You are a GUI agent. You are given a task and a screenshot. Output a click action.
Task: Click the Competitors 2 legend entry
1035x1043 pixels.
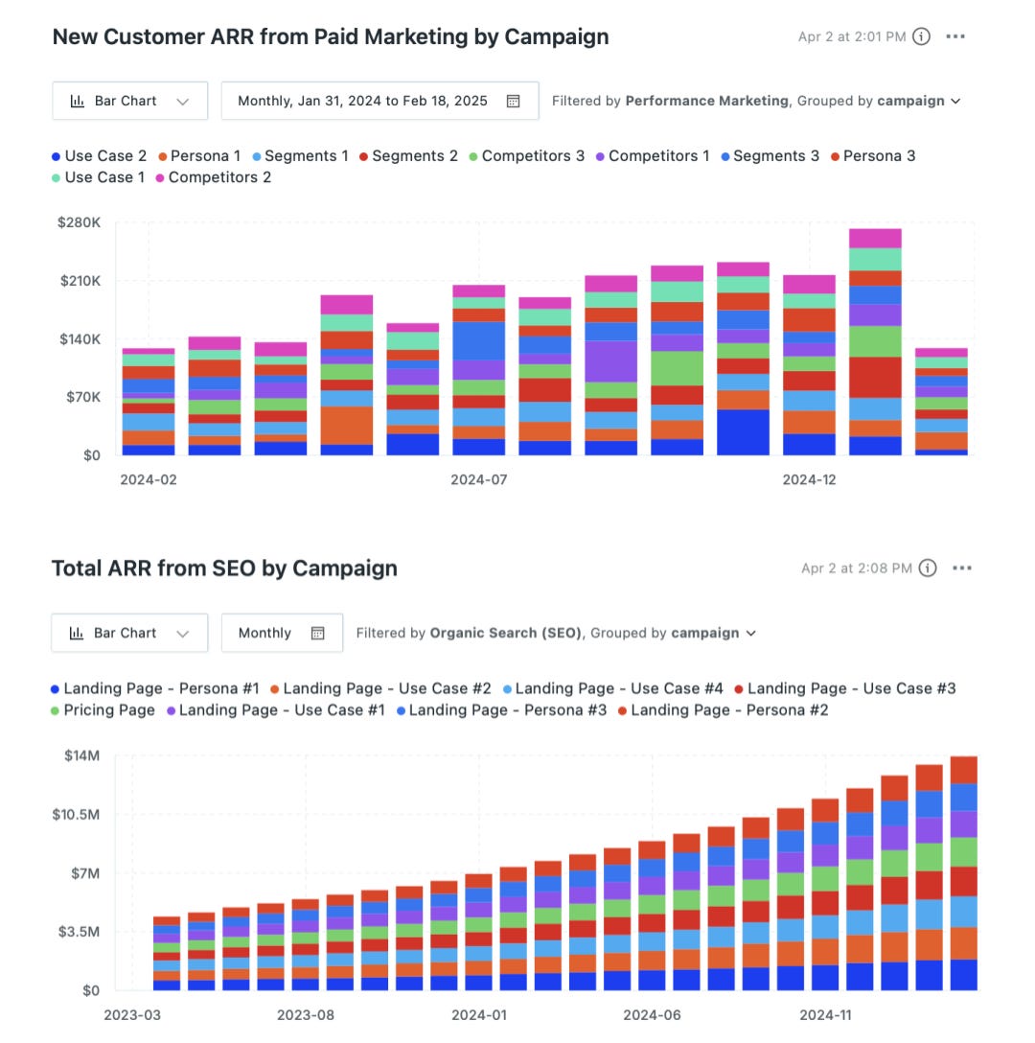(218, 177)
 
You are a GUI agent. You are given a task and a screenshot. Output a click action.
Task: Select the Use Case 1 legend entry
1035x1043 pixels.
(103, 177)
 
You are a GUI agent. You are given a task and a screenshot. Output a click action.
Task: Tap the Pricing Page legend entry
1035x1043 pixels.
(108, 710)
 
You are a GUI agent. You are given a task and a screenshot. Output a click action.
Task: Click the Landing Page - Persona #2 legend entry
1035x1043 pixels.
(728, 710)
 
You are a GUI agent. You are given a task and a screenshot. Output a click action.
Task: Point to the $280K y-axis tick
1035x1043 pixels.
(80, 222)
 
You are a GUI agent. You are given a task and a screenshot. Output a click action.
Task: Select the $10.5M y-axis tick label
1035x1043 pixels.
(76, 814)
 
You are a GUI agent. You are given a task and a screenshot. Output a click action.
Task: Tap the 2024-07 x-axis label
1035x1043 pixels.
(479, 479)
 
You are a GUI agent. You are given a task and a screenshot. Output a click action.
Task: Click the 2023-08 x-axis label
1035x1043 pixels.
(305, 1014)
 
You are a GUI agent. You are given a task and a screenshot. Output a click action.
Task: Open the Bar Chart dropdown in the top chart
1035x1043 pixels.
(129, 101)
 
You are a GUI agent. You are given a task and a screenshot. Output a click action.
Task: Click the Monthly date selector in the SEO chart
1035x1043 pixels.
(282, 633)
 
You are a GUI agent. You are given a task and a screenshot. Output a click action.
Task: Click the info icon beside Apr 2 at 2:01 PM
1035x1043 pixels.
(921, 36)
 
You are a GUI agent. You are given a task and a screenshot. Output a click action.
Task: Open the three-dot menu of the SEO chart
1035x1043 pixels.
(962, 568)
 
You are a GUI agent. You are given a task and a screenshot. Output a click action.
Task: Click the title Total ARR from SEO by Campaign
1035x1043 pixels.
(224, 568)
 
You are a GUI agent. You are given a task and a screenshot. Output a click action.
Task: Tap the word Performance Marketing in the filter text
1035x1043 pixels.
(707, 101)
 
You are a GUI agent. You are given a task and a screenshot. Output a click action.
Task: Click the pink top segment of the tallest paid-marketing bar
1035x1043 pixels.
(875, 238)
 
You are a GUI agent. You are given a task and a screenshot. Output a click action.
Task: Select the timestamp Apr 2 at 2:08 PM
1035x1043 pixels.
(856, 568)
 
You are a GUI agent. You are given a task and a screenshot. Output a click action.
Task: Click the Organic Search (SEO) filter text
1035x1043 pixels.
(505, 633)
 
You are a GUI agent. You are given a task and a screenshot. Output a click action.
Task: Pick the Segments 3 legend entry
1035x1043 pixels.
(775, 156)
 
